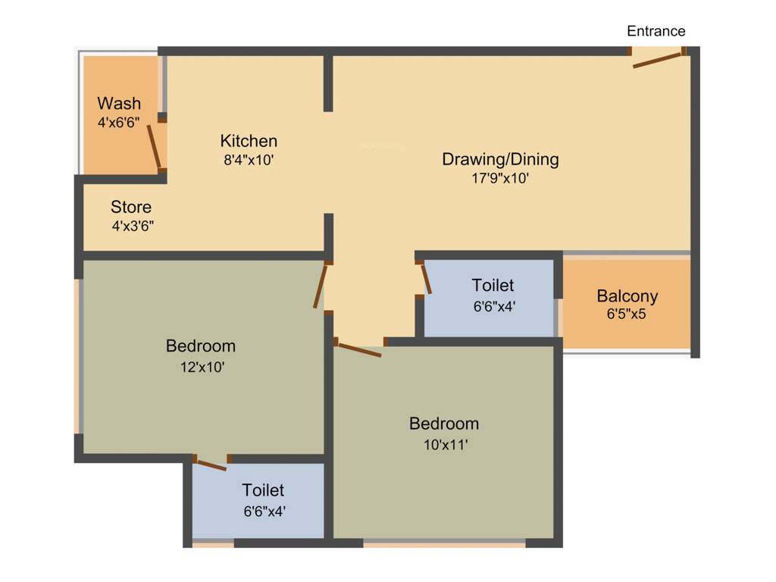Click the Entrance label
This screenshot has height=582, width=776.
[656, 31]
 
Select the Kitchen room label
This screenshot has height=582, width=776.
[249, 141]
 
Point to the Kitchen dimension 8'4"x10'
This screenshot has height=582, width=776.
[249, 160]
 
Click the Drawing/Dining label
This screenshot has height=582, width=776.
[500, 159]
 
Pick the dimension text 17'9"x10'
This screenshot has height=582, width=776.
[499, 179]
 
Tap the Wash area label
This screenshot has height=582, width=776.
[119, 103]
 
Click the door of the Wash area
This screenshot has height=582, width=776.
[154, 146]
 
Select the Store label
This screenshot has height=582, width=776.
[131, 207]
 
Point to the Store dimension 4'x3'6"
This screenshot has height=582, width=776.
[133, 226]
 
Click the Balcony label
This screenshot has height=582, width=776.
[627, 296]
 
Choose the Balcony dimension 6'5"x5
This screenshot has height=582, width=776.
[626, 314]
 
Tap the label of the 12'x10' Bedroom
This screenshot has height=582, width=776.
[201, 346]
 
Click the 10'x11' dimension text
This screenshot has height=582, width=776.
[445, 445]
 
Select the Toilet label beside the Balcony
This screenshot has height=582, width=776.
[493, 286]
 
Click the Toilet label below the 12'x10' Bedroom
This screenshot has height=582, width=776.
[263, 490]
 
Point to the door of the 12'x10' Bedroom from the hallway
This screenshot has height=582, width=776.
[321, 286]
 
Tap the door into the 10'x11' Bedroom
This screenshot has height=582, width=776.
[360, 349]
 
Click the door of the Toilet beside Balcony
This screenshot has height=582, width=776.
[426, 278]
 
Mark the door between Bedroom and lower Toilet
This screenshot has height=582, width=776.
[211, 465]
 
